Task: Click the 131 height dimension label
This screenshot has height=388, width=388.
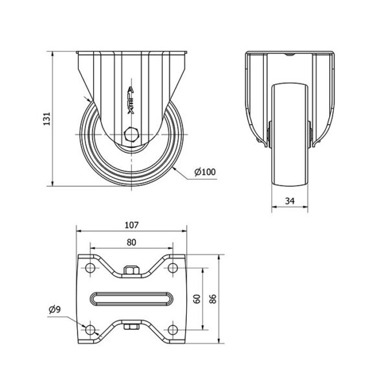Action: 47,118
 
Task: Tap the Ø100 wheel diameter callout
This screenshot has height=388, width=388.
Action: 205,172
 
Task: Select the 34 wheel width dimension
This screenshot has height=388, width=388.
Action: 290,201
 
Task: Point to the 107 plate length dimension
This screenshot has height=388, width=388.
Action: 132,225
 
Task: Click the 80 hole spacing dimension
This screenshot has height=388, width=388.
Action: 131,242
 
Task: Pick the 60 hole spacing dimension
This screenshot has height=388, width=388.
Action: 197,299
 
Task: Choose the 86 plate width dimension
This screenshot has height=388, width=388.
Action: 213,299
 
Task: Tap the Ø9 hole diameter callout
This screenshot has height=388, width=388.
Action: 55,309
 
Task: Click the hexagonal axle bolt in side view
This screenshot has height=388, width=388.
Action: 131,135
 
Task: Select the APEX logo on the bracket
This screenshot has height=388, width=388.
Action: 131,100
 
